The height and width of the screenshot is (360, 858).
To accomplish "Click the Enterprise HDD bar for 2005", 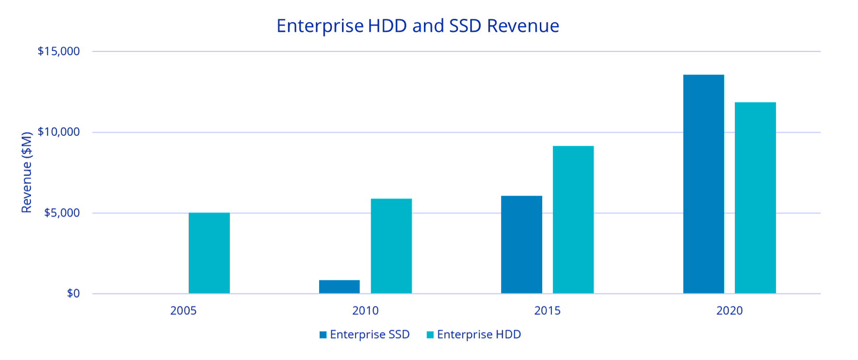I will pos(209,253).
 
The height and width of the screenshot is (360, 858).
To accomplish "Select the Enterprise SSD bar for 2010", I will pos(339,287).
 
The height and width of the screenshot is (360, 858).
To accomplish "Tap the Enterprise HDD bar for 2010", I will pos(391,246).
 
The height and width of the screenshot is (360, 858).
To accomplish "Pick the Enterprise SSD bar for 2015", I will pos(521,245).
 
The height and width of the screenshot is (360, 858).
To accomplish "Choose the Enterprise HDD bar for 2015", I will pos(573,219).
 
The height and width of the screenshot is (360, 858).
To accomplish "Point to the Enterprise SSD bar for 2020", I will pos(703,184).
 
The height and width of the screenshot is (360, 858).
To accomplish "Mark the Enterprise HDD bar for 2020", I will pos(755,197).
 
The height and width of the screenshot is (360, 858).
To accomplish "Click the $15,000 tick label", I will pos(59,51).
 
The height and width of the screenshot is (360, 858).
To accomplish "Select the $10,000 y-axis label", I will pos(59,132).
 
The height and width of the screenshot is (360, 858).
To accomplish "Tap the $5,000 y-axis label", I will pos(62,213).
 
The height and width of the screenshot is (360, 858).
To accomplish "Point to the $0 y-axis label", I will pos(73,294).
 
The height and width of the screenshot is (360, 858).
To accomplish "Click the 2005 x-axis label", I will pos(183,311).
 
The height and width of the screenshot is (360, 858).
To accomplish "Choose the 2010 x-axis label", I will pos(365,311).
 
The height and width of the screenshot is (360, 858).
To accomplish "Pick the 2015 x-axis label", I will pos(547,311).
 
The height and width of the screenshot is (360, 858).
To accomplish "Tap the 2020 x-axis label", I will pos(729,311).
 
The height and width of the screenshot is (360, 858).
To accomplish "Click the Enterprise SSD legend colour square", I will pos(323,335).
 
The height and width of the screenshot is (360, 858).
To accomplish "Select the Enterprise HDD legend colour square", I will pos(430,335).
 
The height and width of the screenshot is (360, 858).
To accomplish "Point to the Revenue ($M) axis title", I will pos(27,172).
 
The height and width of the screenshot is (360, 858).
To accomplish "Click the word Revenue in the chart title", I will pos(523,26).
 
